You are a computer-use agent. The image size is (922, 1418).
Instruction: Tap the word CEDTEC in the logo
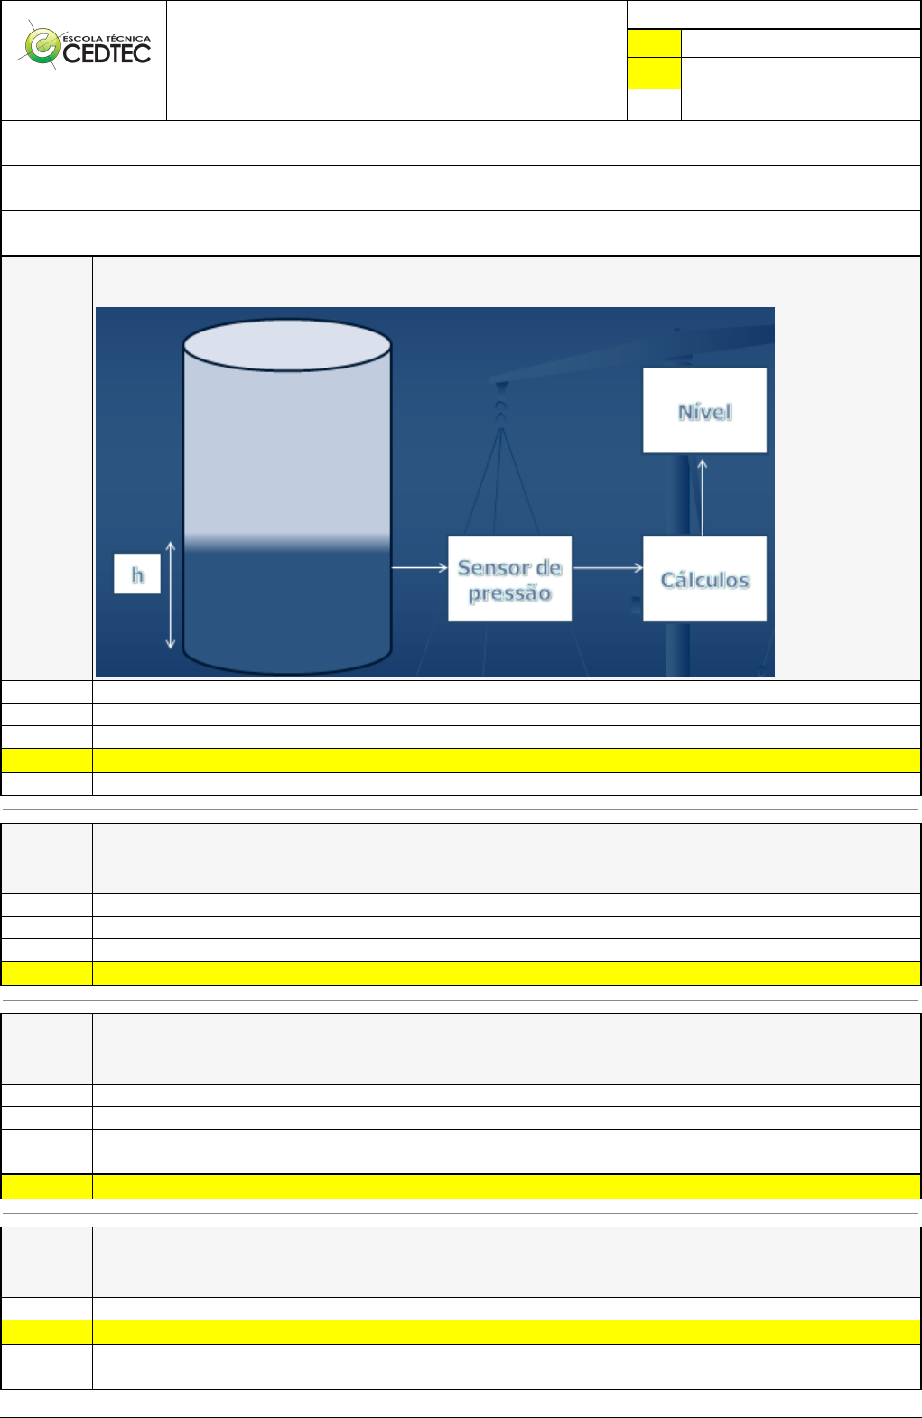(x=107, y=54)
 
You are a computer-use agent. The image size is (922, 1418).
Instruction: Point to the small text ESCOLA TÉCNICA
(x=107, y=39)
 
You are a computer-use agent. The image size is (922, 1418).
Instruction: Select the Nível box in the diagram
(x=704, y=411)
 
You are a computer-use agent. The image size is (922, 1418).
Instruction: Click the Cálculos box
(x=704, y=579)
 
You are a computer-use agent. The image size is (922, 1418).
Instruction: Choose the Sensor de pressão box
(x=509, y=579)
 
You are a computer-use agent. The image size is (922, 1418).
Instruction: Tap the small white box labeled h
(x=137, y=574)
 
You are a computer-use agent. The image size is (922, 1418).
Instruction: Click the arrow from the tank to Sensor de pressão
(x=419, y=567)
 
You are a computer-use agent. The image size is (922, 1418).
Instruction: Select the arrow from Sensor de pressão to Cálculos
(x=608, y=567)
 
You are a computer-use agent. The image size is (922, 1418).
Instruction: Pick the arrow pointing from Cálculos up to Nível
(x=703, y=497)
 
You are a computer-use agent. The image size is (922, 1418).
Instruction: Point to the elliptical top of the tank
(x=287, y=345)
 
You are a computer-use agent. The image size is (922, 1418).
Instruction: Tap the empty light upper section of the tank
(x=287, y=452)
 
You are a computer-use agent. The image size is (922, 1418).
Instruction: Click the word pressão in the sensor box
(x=509, y=593)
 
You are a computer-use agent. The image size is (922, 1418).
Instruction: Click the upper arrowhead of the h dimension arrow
(x=171, y=546)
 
